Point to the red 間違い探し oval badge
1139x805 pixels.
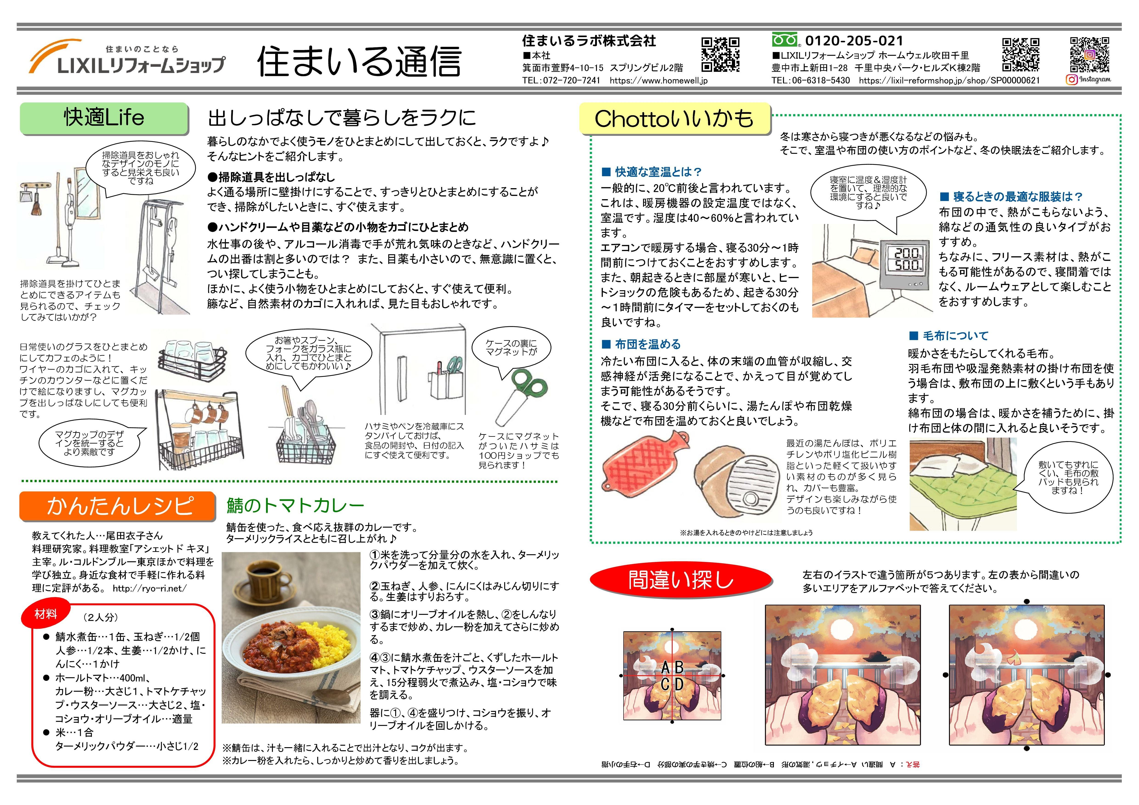(681, 579)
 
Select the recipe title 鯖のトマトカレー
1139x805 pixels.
(296, 505)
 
